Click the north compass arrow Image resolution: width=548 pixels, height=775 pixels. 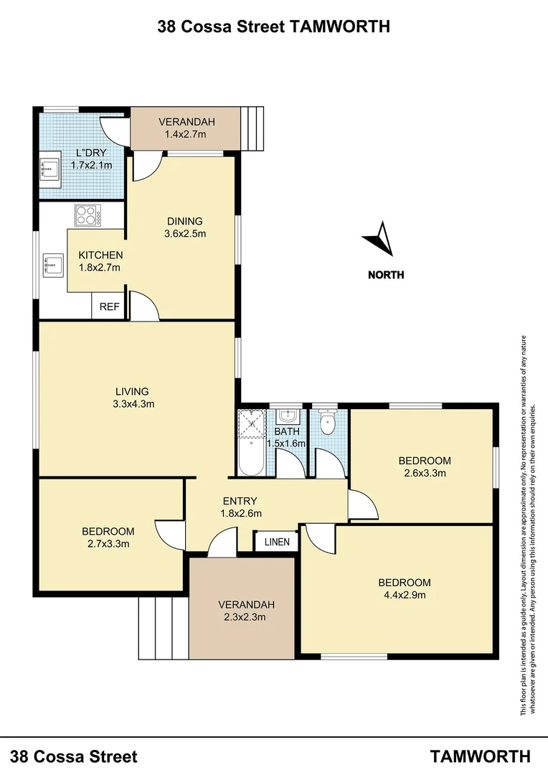click(380, 240)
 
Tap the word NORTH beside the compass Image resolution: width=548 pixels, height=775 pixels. click(386, 275)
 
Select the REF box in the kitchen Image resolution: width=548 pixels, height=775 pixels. click(109, 306)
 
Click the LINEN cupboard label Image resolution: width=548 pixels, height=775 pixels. click(277, 542)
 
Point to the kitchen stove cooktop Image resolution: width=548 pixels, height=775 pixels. click(88, 215)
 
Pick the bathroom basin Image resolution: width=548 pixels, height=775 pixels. click(288, 416)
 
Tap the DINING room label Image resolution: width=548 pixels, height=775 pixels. click(185, 221)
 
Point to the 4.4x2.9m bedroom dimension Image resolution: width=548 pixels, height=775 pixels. click(405, 594)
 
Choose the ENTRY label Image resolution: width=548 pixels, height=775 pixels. click(240, 501)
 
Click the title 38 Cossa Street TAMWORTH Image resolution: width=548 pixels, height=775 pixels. click(274, 27)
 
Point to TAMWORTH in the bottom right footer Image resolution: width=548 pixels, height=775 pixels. click(481, 756)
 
